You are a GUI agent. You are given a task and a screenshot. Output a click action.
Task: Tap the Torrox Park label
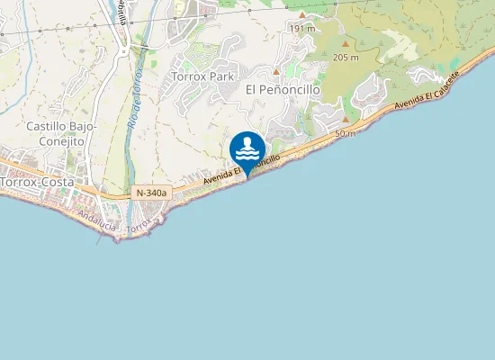(202, 76)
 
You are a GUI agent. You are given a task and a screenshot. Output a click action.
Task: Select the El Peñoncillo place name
(283, 89)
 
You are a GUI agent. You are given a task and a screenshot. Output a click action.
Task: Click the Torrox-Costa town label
(37, 181)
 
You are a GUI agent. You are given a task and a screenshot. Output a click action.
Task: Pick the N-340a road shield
(150, 193)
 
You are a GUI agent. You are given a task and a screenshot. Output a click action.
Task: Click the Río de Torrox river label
(136, 100)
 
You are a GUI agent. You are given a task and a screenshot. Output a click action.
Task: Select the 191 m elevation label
(302, 29)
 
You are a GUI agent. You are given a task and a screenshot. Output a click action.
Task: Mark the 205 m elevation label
(346, 58)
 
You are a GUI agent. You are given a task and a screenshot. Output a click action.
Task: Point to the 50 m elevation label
(344, 133)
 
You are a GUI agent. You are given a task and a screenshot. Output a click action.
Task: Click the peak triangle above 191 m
(302, 15)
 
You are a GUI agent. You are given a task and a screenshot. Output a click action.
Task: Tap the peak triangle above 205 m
(346, 44)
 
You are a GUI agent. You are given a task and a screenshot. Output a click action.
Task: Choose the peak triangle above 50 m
(344, 120)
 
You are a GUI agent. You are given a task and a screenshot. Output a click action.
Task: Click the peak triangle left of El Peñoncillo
(276, 71)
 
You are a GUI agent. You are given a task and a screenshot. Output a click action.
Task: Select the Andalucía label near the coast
(97, 220)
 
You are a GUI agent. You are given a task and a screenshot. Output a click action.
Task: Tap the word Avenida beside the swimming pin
(219, 176)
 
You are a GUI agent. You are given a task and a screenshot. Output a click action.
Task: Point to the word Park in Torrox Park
(221, 76)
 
